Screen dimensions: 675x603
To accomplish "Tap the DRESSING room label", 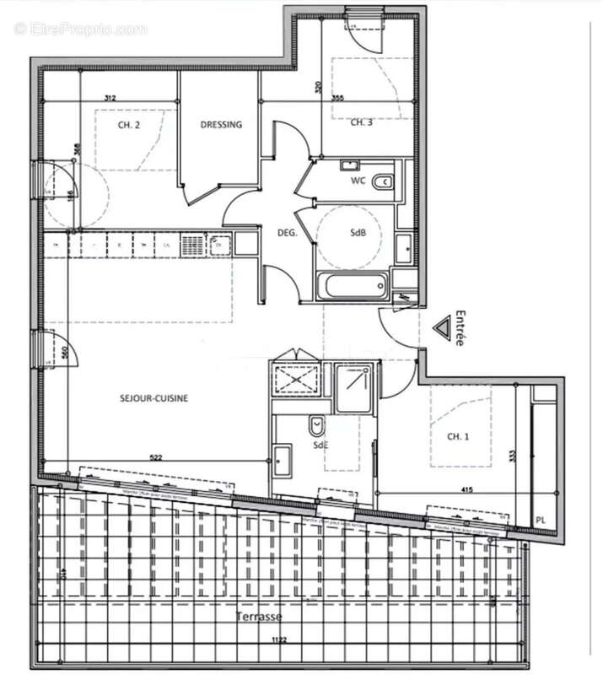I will [221, 125].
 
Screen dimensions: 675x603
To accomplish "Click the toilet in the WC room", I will [383, 180].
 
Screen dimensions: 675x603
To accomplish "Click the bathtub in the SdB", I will [353, 285].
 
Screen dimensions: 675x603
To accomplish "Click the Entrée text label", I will [459, 327].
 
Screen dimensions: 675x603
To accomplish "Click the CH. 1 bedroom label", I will [457, 436].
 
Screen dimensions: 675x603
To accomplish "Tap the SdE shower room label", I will [320, 445].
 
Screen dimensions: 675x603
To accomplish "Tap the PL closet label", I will [541, 521].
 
